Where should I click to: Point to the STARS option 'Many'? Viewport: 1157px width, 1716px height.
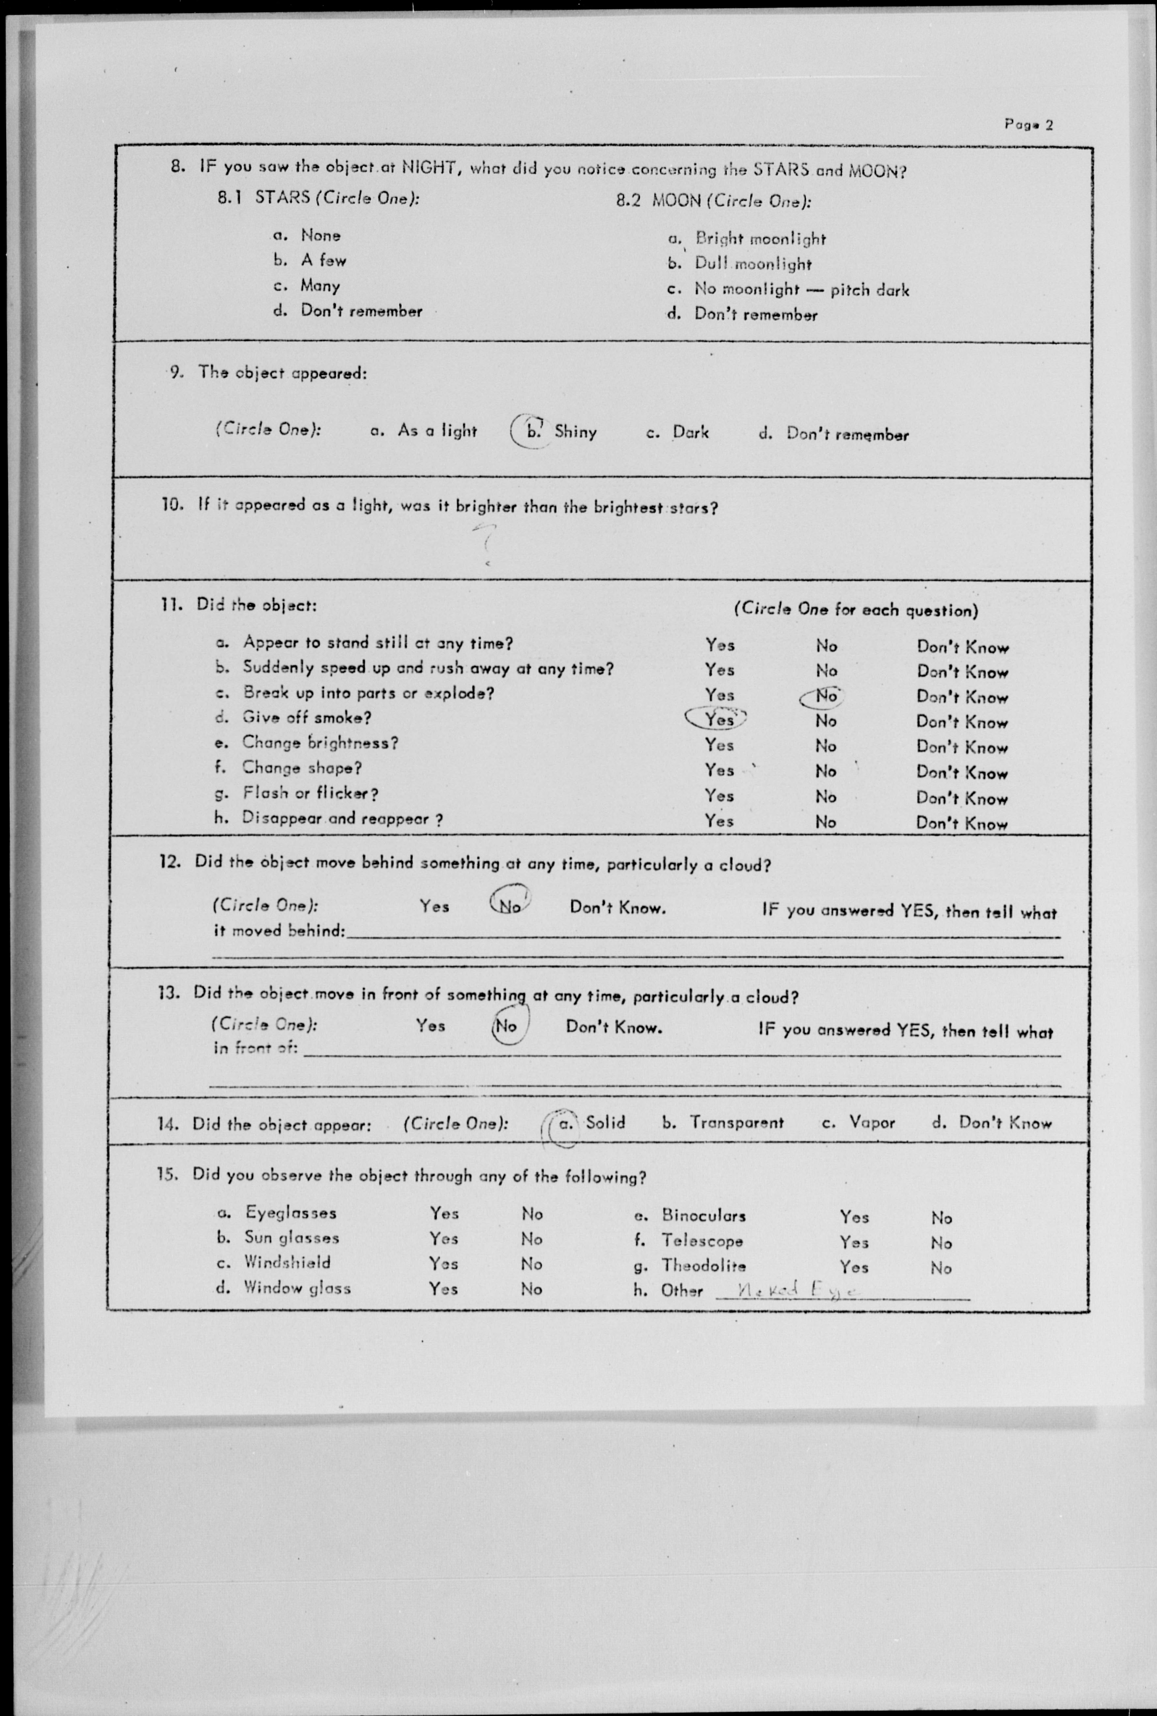(320, 286)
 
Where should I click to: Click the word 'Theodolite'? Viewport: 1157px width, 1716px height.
(703, 1266)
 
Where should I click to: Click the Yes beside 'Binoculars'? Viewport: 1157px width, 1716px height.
(854, 1217)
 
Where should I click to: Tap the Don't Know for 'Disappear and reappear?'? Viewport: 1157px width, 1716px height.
(961, 824)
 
